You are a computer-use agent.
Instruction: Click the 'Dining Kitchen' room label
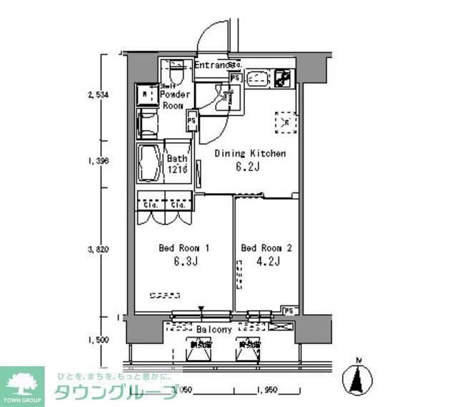tap(249, 153)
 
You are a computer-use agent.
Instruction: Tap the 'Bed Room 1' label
tap(184, 248)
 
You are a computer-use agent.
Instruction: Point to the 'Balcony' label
tap(214, 330)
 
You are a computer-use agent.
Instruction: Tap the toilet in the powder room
tap(176, 74)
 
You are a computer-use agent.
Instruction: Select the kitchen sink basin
tap(258, 79)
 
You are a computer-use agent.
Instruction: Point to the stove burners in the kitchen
tap(283, 78)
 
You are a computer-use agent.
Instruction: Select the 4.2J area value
tap(267, 262)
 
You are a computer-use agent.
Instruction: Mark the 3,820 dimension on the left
tap(98, 250)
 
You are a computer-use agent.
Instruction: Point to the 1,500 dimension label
tap(98, 340)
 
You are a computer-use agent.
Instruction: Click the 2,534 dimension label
tap(98, 94)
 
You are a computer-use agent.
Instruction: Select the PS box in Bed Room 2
tap(288, 310)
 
